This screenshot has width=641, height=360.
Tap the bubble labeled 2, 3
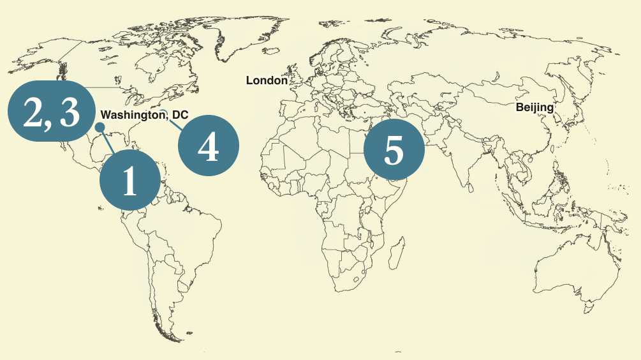[51, 112]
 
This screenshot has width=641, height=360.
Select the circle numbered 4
[208, 146]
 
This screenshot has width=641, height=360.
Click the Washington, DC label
[145, 116]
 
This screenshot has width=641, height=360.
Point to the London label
[267, 80]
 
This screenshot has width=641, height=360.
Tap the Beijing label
[534, 107]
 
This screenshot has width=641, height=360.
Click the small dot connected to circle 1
[99, 128]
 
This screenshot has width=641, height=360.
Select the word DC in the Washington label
[181, 116]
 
